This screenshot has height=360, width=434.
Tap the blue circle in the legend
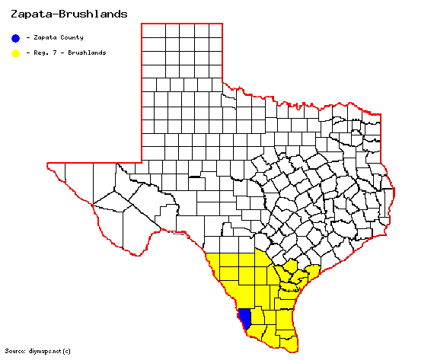[x=15, y=37]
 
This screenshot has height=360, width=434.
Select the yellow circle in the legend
[x=15, y=53]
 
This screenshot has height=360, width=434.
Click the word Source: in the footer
[x=14, y=351]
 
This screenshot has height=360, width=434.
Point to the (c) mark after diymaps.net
[x=67, y=351]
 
